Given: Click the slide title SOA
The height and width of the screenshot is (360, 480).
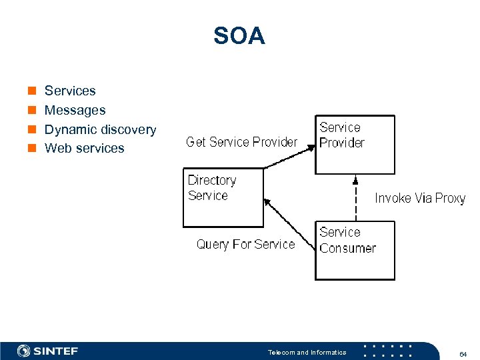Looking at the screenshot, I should click(x=239, y=36).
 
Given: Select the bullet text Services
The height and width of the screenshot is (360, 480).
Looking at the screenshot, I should click(x=70, y=91).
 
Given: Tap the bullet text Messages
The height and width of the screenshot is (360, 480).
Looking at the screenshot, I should click(x=75, y=110).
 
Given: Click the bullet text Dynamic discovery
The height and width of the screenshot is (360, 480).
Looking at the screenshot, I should click(x=100, y=129).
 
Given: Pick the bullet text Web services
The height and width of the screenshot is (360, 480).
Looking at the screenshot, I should click(x=84, y=148).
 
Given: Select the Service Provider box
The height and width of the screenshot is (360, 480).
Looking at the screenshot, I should click(x=355, y=145).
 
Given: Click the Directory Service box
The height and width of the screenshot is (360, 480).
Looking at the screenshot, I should click(x=223, y=198).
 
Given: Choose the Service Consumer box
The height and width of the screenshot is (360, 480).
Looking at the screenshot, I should click(x=355, y=251).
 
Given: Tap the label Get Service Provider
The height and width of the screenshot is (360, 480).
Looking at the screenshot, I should click(x=241, y=142).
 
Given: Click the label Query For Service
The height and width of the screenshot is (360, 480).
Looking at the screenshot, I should click(x=245, y=245).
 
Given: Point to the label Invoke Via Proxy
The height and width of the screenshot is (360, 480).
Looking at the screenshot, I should click(x=420, y=198).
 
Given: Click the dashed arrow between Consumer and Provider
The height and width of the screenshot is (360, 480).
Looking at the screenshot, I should click(x=355, y=198).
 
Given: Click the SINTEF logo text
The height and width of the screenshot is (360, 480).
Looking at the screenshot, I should click(x=56, y=351).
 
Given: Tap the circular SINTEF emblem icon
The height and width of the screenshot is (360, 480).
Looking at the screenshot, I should click(x=24, y=351).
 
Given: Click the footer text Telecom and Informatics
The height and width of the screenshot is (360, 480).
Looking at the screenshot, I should click(x=307, y=352).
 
